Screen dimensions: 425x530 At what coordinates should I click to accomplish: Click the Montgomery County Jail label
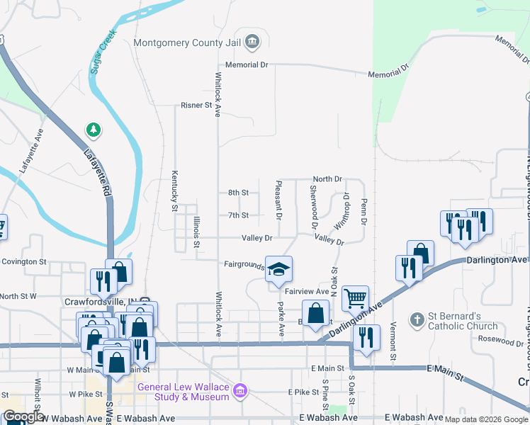[x=187, y=42]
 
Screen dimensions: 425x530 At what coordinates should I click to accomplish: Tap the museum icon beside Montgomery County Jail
[x=252, y=42]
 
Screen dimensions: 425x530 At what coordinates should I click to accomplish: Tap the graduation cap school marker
[x=279, y=269]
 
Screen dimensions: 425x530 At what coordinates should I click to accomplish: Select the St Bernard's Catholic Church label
[x=463, y=321]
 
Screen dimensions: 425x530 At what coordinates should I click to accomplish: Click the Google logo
[x=23, y=417]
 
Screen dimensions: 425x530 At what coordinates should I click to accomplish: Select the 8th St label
[x=238, y=193]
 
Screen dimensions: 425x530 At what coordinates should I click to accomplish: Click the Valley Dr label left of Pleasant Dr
[x=257, y=239]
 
